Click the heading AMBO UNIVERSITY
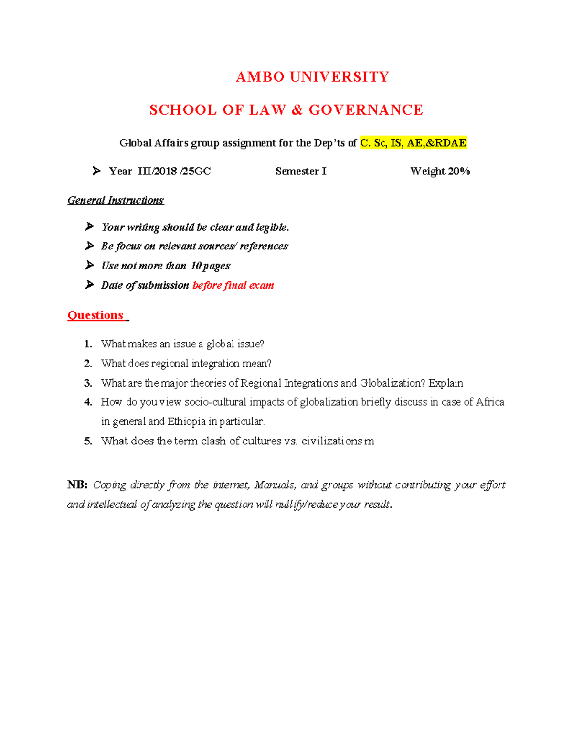pos(312,77)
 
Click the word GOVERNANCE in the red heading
pos(366,110)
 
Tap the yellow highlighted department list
pos(413,143)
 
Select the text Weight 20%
pos(440,171)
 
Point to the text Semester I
pos(301,171)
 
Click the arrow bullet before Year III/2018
pos(96,171)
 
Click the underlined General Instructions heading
pos(116,200)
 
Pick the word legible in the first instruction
pos(272,227)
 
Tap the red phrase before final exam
pos(233,285)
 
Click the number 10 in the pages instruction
pos(196,266)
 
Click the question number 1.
pos(88,344)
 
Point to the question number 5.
pos(88,441)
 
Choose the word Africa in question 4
pos(490,402)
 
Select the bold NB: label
pos(77,485)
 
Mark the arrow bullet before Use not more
pos(89,265)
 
